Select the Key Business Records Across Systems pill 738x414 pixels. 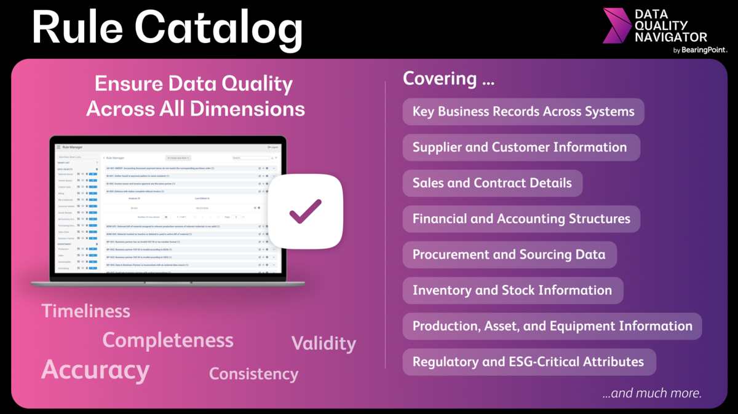(523, 112)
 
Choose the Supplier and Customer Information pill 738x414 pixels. (520, 147)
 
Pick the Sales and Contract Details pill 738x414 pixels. (492, 183)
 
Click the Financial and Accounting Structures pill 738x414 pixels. (522, 219)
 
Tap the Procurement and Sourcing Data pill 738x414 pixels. (509, 254)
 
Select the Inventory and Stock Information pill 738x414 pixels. (512, 291)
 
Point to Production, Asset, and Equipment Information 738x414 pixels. (552, 326)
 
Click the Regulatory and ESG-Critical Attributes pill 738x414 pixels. (528, 362)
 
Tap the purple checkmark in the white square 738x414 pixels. (306, 211)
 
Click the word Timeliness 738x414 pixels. (86, 311)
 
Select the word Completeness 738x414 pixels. (168, 340)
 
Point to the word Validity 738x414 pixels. (323, 343)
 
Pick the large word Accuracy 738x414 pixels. (95, 370)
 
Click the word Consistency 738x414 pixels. (253, 373)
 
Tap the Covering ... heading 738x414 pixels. (449, 79)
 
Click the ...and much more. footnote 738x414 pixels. (652, 393)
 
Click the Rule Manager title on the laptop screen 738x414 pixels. (72, 147)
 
